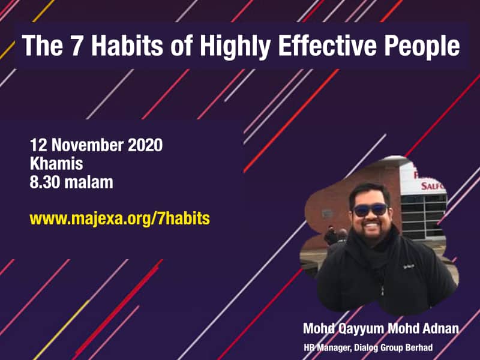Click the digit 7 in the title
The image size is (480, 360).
pos(77,46)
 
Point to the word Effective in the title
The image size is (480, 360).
pos(327,46)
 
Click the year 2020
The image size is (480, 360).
pos(145,145)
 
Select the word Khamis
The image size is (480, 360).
pos(56,163)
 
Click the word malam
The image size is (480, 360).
pos(89,182)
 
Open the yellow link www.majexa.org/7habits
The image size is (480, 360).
pos(119,219)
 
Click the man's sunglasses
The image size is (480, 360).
pos(370,210)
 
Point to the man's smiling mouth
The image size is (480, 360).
pos(372,227)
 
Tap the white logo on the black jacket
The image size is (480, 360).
pos(409,266)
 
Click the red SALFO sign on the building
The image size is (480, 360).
pos(432,186)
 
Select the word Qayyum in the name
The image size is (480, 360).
pos(361,329)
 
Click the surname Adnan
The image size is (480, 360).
pos(441,328)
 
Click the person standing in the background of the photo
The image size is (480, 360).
pos(331,235)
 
